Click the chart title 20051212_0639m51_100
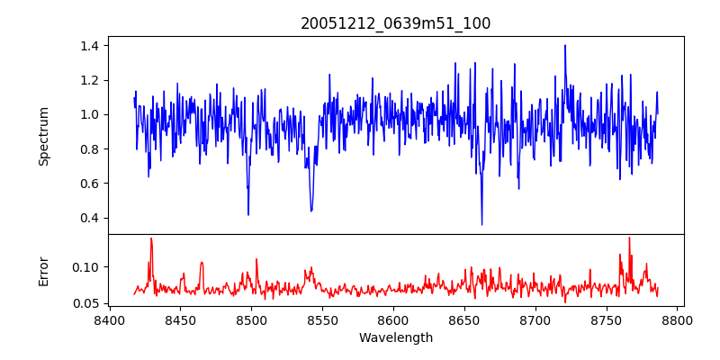pyautogui.click(x=395, y=23)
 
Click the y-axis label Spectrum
pyautogui.click(x=44, y=136)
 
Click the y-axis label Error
pyautogui.click(x=44, y=270)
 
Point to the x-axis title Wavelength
pyautogui.click(x=395, y=338)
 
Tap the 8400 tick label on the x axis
pyautogui.click(x=109, y=320)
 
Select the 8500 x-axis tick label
pyautogui.click(x=251, y=320)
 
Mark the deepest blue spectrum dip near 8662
pyautogui.click(x=481, y=224)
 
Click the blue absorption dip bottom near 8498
pyautogui.click(x=248, y=214)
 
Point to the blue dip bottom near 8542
pyautogui.click(x=311, y=211)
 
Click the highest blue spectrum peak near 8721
pyautogui.click(x=565, y=46)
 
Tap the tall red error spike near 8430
pyautogui.click(x=151, y=238)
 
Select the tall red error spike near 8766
pyautogui.click(x=629, y=238)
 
